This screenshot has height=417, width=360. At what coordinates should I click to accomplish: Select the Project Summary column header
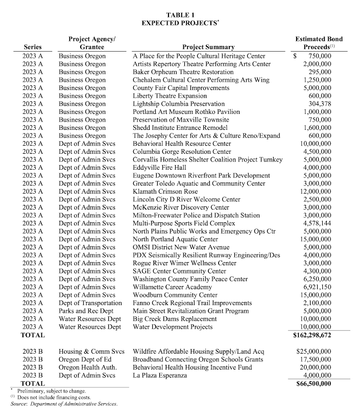pos(208,48)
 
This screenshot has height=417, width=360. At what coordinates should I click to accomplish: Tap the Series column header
pos(33,48)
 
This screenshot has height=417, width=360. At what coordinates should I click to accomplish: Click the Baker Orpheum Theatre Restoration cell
pos(183,72)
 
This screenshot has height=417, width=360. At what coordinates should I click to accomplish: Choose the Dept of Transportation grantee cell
pos(90,303)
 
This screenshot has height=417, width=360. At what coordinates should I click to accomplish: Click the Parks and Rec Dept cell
pos(85,311)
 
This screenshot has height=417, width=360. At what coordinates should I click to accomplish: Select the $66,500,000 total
pos(313,383)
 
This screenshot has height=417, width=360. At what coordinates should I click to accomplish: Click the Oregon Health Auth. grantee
pos(87,367)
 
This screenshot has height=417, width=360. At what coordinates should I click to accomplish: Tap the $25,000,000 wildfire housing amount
pos(314,352)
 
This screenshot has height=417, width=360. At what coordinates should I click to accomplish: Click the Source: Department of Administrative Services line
pos(64,404)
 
